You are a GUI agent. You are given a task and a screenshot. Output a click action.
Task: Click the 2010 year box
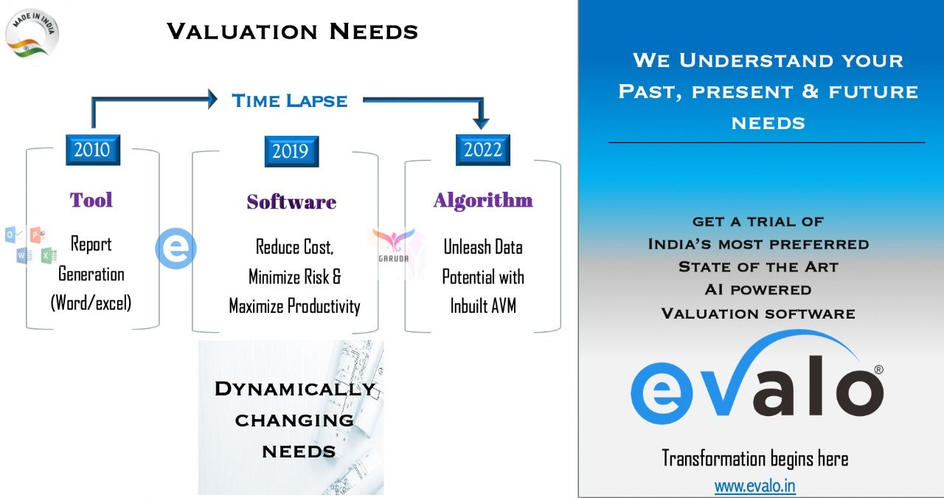coord(93,150)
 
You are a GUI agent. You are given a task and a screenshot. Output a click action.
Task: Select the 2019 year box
coord(291,151)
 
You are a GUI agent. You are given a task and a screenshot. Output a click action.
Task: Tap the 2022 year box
coord(483,150)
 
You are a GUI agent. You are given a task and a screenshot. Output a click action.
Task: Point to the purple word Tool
coord(91,200)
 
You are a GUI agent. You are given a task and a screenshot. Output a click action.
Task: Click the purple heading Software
coord(291,202)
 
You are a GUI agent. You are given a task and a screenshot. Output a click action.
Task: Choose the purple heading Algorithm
coord(483,200)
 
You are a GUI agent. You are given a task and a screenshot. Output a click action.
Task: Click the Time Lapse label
coord(290,101)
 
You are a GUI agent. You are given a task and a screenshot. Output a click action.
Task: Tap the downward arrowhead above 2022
coord(481,123)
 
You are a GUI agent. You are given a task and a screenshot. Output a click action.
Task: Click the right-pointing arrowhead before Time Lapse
coord(213,99)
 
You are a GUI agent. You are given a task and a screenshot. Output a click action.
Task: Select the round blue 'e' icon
coord(176,249)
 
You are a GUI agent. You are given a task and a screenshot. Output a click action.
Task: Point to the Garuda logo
coord(393,246)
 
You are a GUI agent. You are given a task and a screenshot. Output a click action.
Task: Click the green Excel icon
coord(49,255)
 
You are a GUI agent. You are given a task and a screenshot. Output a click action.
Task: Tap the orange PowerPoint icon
coord(38,235)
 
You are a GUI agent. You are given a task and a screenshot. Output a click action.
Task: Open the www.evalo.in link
coord(754,486)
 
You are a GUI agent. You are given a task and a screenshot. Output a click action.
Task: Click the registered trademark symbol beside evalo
coord(878,370)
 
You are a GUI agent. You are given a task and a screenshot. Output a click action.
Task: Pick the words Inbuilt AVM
coord(483,305)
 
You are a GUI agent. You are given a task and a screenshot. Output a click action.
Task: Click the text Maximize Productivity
coord(294,306)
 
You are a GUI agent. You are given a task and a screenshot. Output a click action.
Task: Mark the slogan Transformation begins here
coord(754,458)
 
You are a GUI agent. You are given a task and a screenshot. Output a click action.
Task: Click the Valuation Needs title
coord(292,32)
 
